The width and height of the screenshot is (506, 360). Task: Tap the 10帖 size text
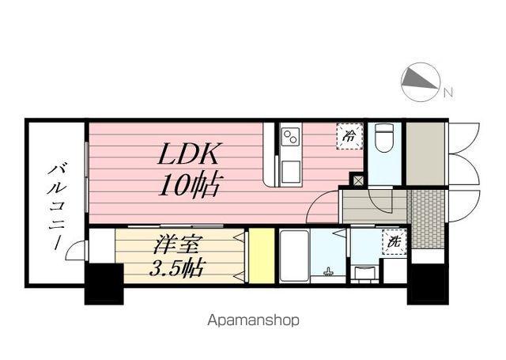coord(189,186)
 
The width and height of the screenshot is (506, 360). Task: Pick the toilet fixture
coord(385,139)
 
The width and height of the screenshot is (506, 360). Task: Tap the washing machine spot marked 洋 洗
coord(393,241)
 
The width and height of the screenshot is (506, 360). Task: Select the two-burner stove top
coord(289,138)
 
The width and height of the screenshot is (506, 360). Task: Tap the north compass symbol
coord(420,81)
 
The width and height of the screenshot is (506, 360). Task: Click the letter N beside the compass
coord(448,93)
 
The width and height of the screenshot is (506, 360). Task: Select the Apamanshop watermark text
coord(253,321)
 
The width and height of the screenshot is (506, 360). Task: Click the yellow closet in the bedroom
coord(259,256)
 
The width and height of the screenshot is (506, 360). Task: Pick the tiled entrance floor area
coord(427,218)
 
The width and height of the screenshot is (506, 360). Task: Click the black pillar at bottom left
coord(104,284)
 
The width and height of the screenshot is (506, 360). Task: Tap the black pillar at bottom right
coord(428,283)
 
